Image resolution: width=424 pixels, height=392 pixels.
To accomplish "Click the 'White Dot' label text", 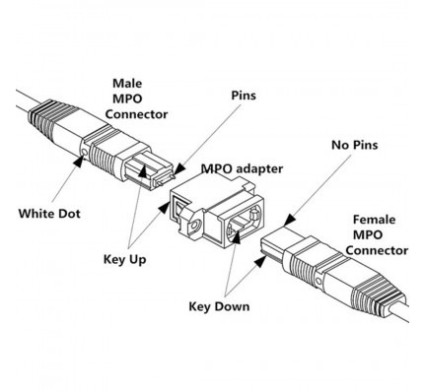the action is [x=49, y=214].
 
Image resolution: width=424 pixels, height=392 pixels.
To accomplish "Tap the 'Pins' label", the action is [x=244, y=96].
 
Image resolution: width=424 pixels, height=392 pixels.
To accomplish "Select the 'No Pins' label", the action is [x=355, y=145].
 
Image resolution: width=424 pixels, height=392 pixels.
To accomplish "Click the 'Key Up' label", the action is [x=125, y=260].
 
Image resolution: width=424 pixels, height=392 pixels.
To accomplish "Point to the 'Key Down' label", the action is [x=219, y=306].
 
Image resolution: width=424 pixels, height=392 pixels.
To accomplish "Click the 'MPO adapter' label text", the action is [x=242, y=168].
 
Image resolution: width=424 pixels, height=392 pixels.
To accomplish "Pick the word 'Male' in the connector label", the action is [x=127, y=83].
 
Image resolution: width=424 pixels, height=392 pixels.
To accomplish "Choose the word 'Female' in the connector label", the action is [x=374, y=220].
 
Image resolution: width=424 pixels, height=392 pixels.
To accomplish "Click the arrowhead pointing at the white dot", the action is [x=79, y=162].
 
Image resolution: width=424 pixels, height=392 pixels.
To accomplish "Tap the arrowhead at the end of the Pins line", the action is [x=178, y=169].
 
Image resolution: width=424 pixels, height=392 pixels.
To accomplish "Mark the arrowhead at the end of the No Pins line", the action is [x=290, y=220].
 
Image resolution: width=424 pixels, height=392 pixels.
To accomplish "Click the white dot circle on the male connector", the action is [x=85, y=152].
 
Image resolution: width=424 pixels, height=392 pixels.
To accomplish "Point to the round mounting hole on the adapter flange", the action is [x=195, y=226].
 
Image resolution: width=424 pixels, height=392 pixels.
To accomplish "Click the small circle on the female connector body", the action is [x=318, y=281].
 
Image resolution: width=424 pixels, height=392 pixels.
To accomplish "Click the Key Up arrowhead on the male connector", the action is [x=143, y=170].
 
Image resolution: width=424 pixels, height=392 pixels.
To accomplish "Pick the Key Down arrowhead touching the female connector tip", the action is [x=260, y=262].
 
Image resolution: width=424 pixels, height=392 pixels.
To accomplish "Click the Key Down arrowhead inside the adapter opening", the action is [x=237, y=237].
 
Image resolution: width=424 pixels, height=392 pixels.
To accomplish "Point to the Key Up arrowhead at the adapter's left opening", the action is [x=164, y=207].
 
